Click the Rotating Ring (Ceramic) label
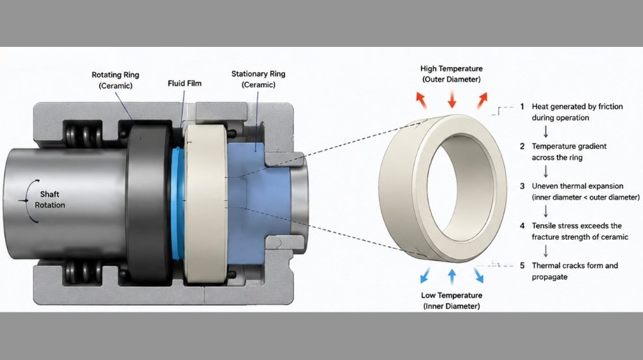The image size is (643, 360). pyautogui.click(x=115, y=80)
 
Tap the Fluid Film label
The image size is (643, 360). pyautogui.click(x=185, y=83)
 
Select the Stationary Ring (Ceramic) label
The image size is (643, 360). pyautogui.click(x=258, y=79)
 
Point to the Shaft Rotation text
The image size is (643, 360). pyautogui.click(x=50, y=200)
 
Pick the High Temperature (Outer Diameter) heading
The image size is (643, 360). pyautogui.click(x=451, y=74)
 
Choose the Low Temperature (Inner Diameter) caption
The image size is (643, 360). pyautogui.click(x=451, y=301)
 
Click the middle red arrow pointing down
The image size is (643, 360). pyautogui.click(x=452, y=99)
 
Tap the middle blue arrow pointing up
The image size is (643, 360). pyautogui.click(x=452, y=277)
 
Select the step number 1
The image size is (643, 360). pyautogui.click(x=522, y=107)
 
